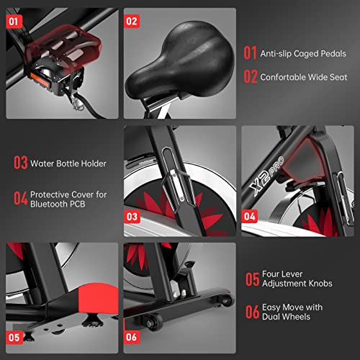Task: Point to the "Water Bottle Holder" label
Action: [x=68, y=163]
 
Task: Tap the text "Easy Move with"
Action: [x=294, y=305]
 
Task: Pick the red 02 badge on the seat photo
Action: [x=131, y=20]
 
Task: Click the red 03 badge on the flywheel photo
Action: [x=132, y=215]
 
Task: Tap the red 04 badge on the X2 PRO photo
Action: [x=249, y=215]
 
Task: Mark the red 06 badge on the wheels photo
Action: [x=132, y=336]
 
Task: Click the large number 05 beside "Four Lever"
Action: [x=251, y=278]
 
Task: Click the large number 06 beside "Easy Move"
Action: [x=251, y=312]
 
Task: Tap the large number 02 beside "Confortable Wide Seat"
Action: [x=250, y=74]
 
